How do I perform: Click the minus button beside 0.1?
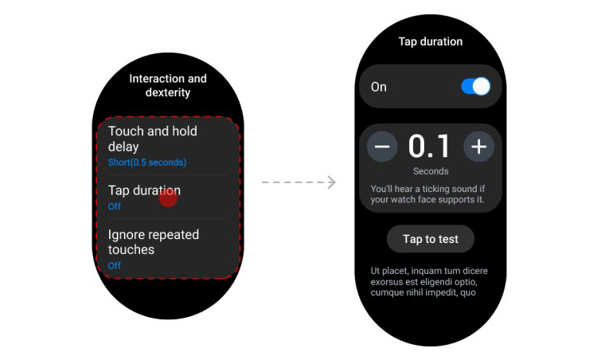point(382,147)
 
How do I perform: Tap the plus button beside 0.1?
point(479,147)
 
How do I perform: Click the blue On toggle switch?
point(475,87)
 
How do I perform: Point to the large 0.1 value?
point(429,147)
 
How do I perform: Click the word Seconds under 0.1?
point(431,171)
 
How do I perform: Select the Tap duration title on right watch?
point(430,41)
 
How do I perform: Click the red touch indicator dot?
point(168,198)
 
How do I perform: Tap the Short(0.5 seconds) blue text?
point(147,162)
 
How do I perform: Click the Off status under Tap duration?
point(114,206)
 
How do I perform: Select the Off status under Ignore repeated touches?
point(114,265)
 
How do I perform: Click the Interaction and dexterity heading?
point(168,85)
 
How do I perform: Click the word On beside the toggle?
point(378,87)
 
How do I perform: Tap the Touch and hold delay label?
point(153,139)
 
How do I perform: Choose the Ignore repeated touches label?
point(154,242)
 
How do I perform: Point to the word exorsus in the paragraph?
point(387,282)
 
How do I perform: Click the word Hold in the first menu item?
point(185,131)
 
